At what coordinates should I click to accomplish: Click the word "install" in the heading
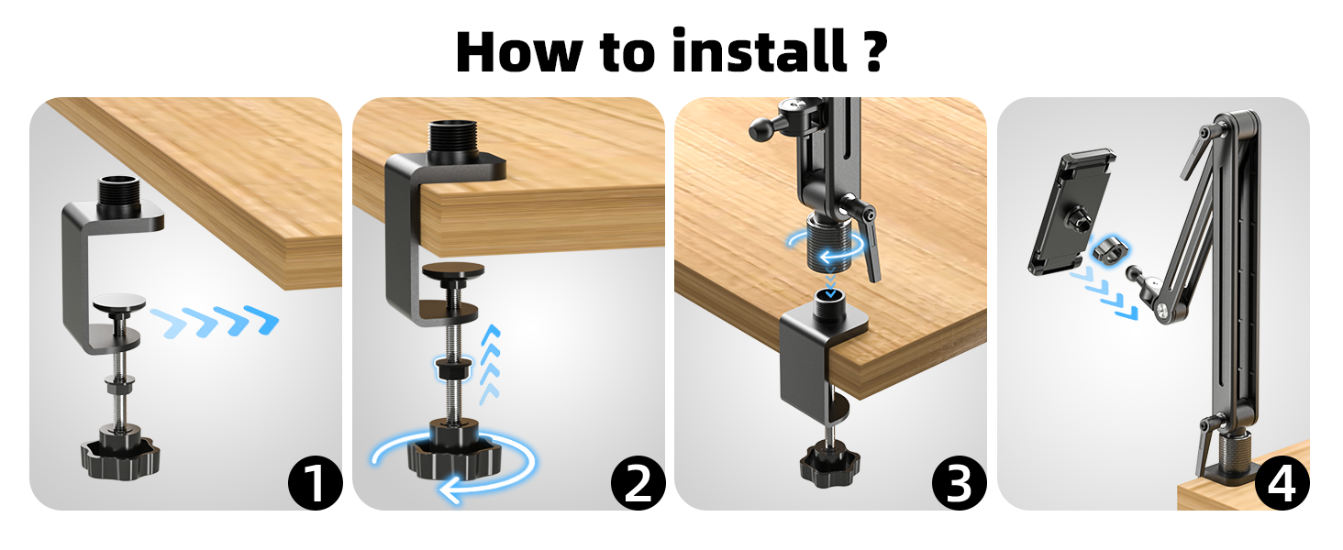[x=758, y=51]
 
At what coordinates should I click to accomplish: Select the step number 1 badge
[x=315, y=482]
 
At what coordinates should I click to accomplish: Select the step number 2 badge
[x=638, y=482]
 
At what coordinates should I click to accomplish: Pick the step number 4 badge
[x=1282, y=482]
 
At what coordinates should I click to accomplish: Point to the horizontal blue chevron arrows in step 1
[x=215, y=322]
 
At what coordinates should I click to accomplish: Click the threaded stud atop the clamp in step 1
[x=117, y=191]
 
